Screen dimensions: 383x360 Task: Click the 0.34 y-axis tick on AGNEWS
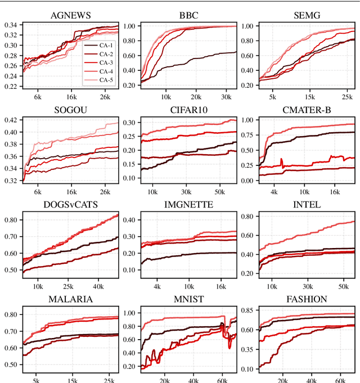[x=10, y=25]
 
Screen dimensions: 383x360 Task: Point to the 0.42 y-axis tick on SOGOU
[x=10, y=120]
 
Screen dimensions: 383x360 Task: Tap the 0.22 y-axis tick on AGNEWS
[x=10, y=87]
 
